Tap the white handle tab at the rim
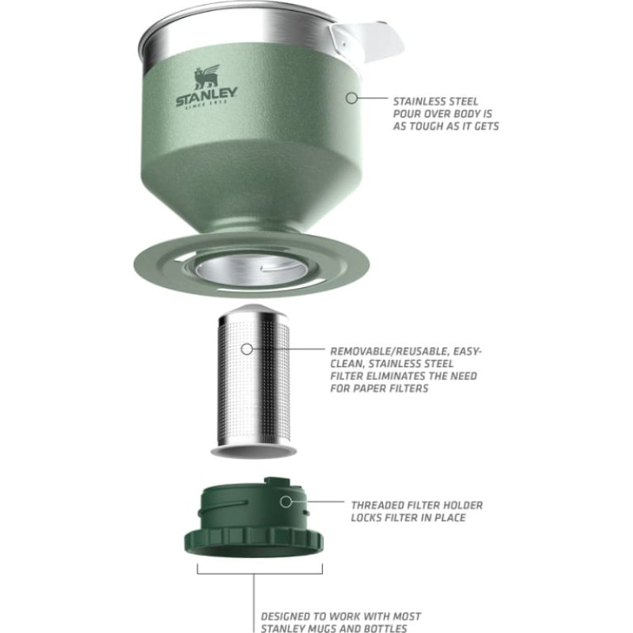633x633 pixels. [x=366, y=42]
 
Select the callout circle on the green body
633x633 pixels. [x=351, y=97]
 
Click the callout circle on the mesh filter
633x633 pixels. [x=247, y=349]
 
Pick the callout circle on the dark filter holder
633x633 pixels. [x=286, y=502]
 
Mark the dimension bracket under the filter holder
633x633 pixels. [x=260, y=573]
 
